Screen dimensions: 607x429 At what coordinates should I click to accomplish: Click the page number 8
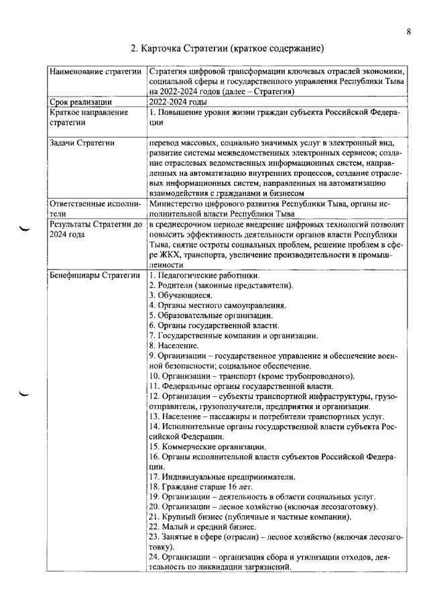click(x=408, y=30)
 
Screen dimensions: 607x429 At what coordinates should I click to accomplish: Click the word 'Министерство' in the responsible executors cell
click(x=178, y=204)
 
